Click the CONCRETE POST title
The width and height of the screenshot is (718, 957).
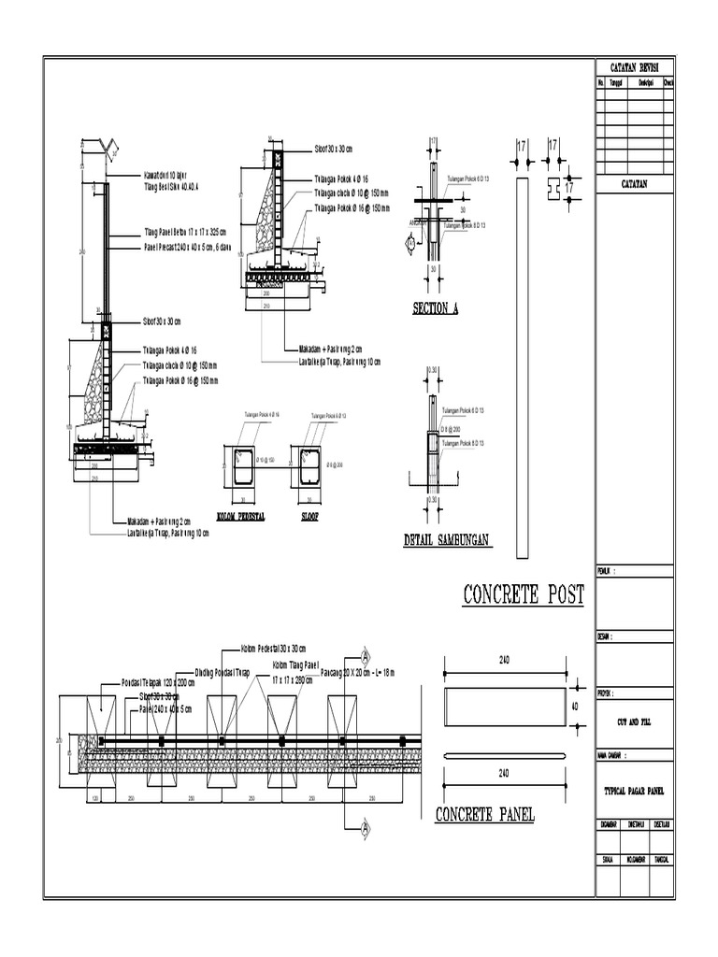[x=523, y=594]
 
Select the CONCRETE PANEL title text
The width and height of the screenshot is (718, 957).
[x=484, y=815]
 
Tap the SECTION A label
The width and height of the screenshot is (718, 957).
[x=435, y=309]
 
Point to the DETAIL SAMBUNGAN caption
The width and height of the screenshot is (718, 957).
[x=447, y=540]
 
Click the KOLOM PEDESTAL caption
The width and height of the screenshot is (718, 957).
[x=240, y=515]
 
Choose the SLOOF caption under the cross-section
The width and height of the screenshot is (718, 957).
[x=309, y=515]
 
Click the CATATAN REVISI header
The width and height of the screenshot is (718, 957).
[x=633, y=68]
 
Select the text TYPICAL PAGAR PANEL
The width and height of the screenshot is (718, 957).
[x=633, y=790]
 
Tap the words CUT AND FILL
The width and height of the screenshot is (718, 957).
[x=633, y=722]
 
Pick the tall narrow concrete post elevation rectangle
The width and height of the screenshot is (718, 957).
[x=522, y=364]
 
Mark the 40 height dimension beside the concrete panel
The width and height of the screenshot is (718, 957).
[x=575, y=707]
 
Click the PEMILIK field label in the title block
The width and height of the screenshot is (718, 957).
[x=607, y=570]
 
